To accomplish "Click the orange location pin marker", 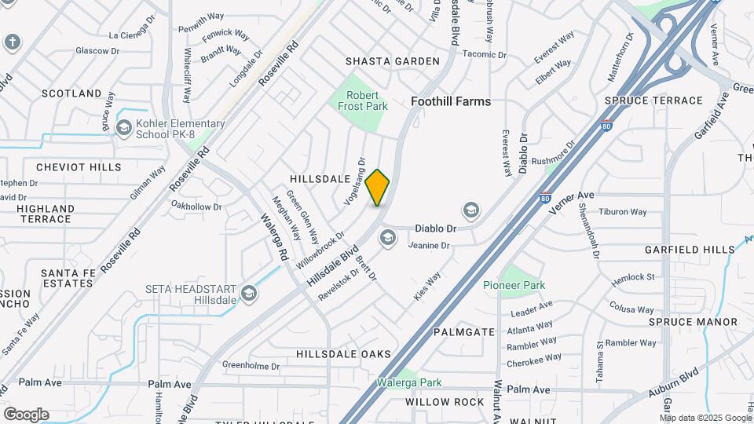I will [377, 187].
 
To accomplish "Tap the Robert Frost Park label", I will [362, 100].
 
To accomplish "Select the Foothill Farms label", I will [451, 101].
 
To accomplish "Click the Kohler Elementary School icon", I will [123, 128].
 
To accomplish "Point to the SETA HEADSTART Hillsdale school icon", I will [249, 294].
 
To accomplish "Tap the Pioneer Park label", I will [514, 285].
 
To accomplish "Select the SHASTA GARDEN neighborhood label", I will [393, 61].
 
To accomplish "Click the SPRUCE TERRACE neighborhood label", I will [653, 101].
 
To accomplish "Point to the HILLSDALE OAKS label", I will [343, 355].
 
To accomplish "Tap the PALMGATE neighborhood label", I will [464, 332].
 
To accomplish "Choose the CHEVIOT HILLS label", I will [79, 167].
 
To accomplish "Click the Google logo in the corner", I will [26, 414].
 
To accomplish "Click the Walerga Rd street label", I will [281, 240].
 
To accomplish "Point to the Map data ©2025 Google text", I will [704, 418].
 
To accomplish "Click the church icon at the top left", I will [12, 41].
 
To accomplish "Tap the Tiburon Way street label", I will [622, 212].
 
